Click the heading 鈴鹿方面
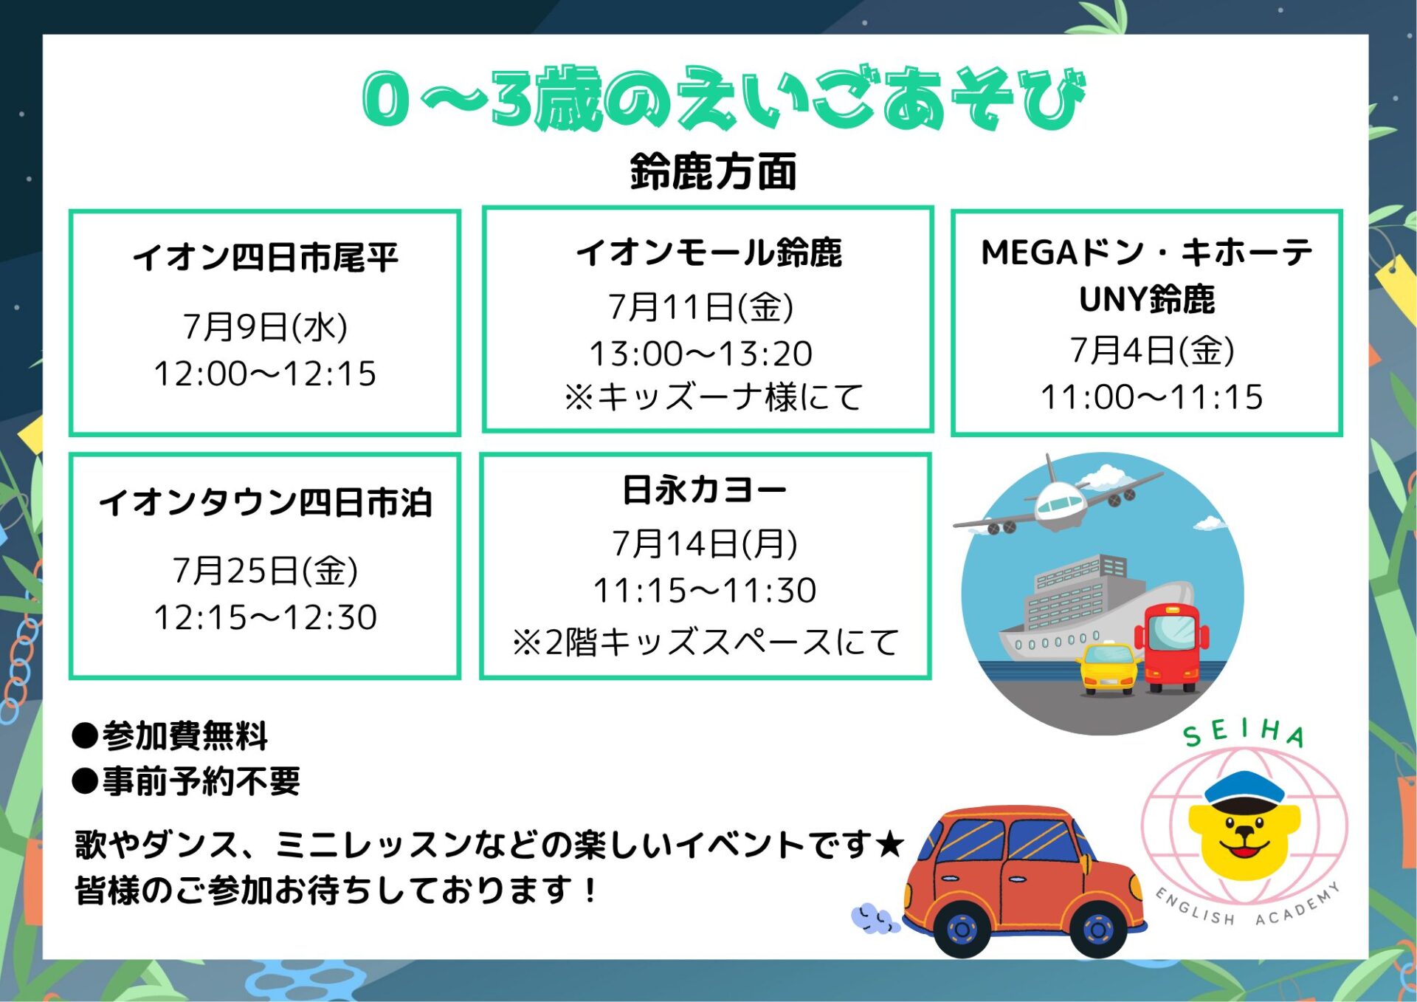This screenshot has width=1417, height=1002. pyautogui.click(x=713, y=171)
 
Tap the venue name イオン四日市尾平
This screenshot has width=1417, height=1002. pyautogui.click(x=266, y=257)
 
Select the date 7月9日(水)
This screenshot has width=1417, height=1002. pyautogui.click(x=266, y=326)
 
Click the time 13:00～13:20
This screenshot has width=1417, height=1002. pyautogui.click(x=701, y=353)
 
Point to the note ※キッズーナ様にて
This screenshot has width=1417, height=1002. pyautogui.click(x=713, y=397)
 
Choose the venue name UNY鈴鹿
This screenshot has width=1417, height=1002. pyautogui.click(x=1147, y=299)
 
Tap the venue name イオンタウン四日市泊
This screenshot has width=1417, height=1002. pyautogui.click(x=266, y=502)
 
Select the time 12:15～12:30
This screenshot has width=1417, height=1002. pyautogui.click(x=266, y=617)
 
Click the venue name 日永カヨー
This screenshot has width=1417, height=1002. pyautogui.click(x=705, y=490)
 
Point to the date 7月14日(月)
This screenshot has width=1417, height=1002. pyautogui.click(x=705, y=543)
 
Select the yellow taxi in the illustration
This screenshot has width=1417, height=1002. pyautogui.click(x=1109, y=668)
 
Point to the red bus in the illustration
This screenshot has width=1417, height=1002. pyautogui.click(x=1172, y=648)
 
